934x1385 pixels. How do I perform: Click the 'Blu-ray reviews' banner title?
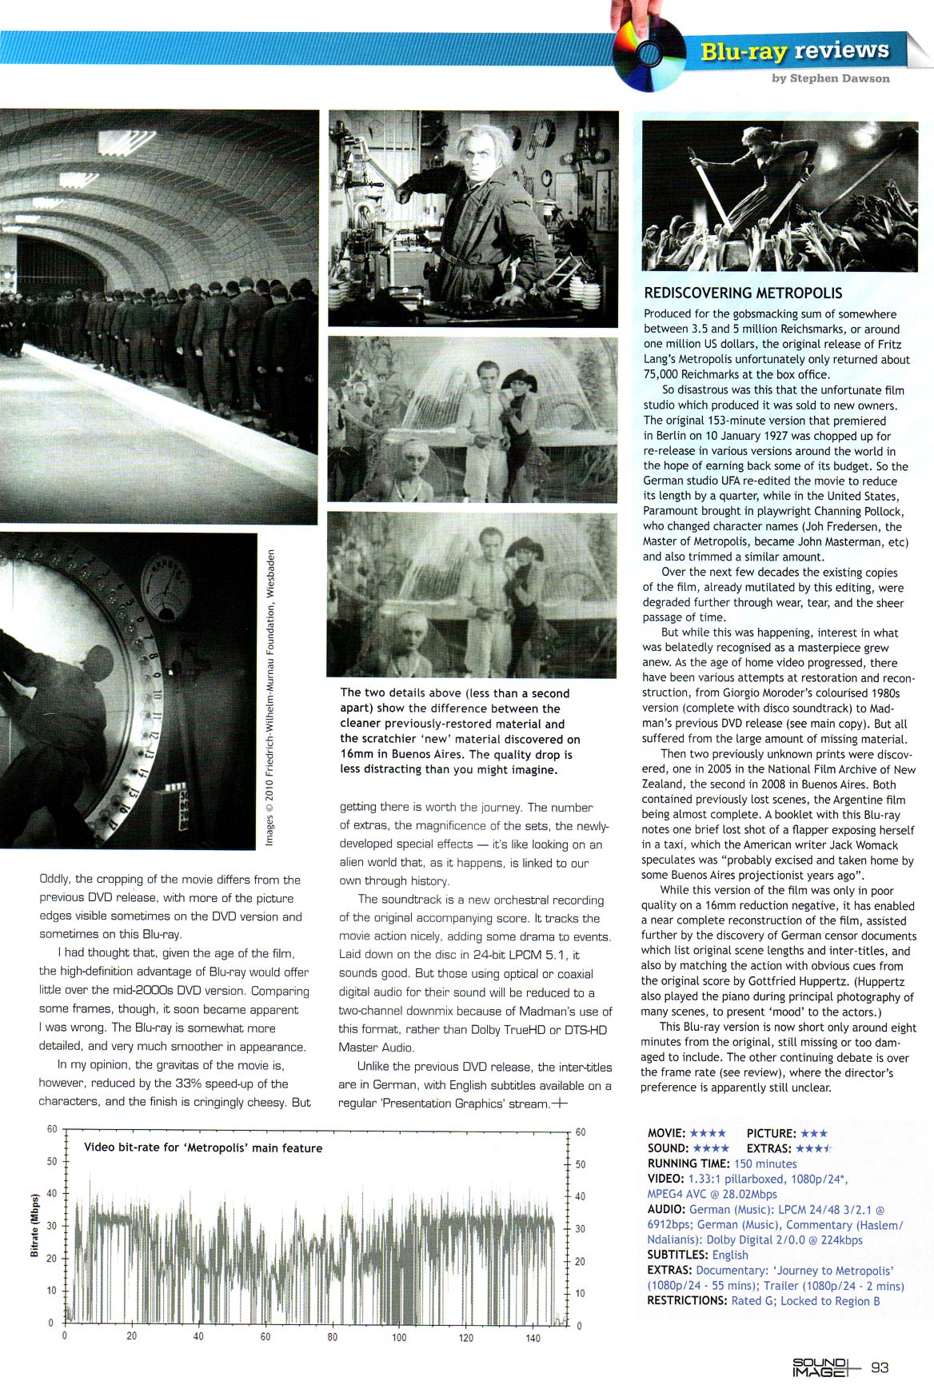pyautogui.click(x=794, y=50)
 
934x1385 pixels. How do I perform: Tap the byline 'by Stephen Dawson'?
pyautogui.click(x=830, y=78)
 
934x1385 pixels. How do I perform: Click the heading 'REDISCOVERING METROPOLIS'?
pyautogui.click(x=743, y=293)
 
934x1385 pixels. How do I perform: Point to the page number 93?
pyautogui.click(x=880, y=1367)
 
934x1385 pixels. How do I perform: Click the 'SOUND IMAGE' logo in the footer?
pyautogui.click(x=819, y=1367)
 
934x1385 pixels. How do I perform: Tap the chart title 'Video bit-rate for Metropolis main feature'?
pyautogui.click(x=203, y=1148)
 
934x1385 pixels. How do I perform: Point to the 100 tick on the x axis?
pyautogui.click(x=399, y=1337)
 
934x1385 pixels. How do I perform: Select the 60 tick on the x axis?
pyautogui.click(x=265, y=1337)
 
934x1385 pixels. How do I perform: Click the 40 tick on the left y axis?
pyautogui.click(x=52, y=1193)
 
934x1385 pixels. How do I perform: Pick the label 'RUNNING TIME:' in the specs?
pyautogui.click(x=689, y=1163)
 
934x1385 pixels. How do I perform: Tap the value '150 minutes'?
pyautogui.click(x=765, y=1163)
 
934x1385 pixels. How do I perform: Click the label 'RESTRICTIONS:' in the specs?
pyautogui.click(x=687, y=1300)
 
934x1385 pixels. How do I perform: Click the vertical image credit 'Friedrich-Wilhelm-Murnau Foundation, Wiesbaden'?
pyautogui.click(x=271, y=696)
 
